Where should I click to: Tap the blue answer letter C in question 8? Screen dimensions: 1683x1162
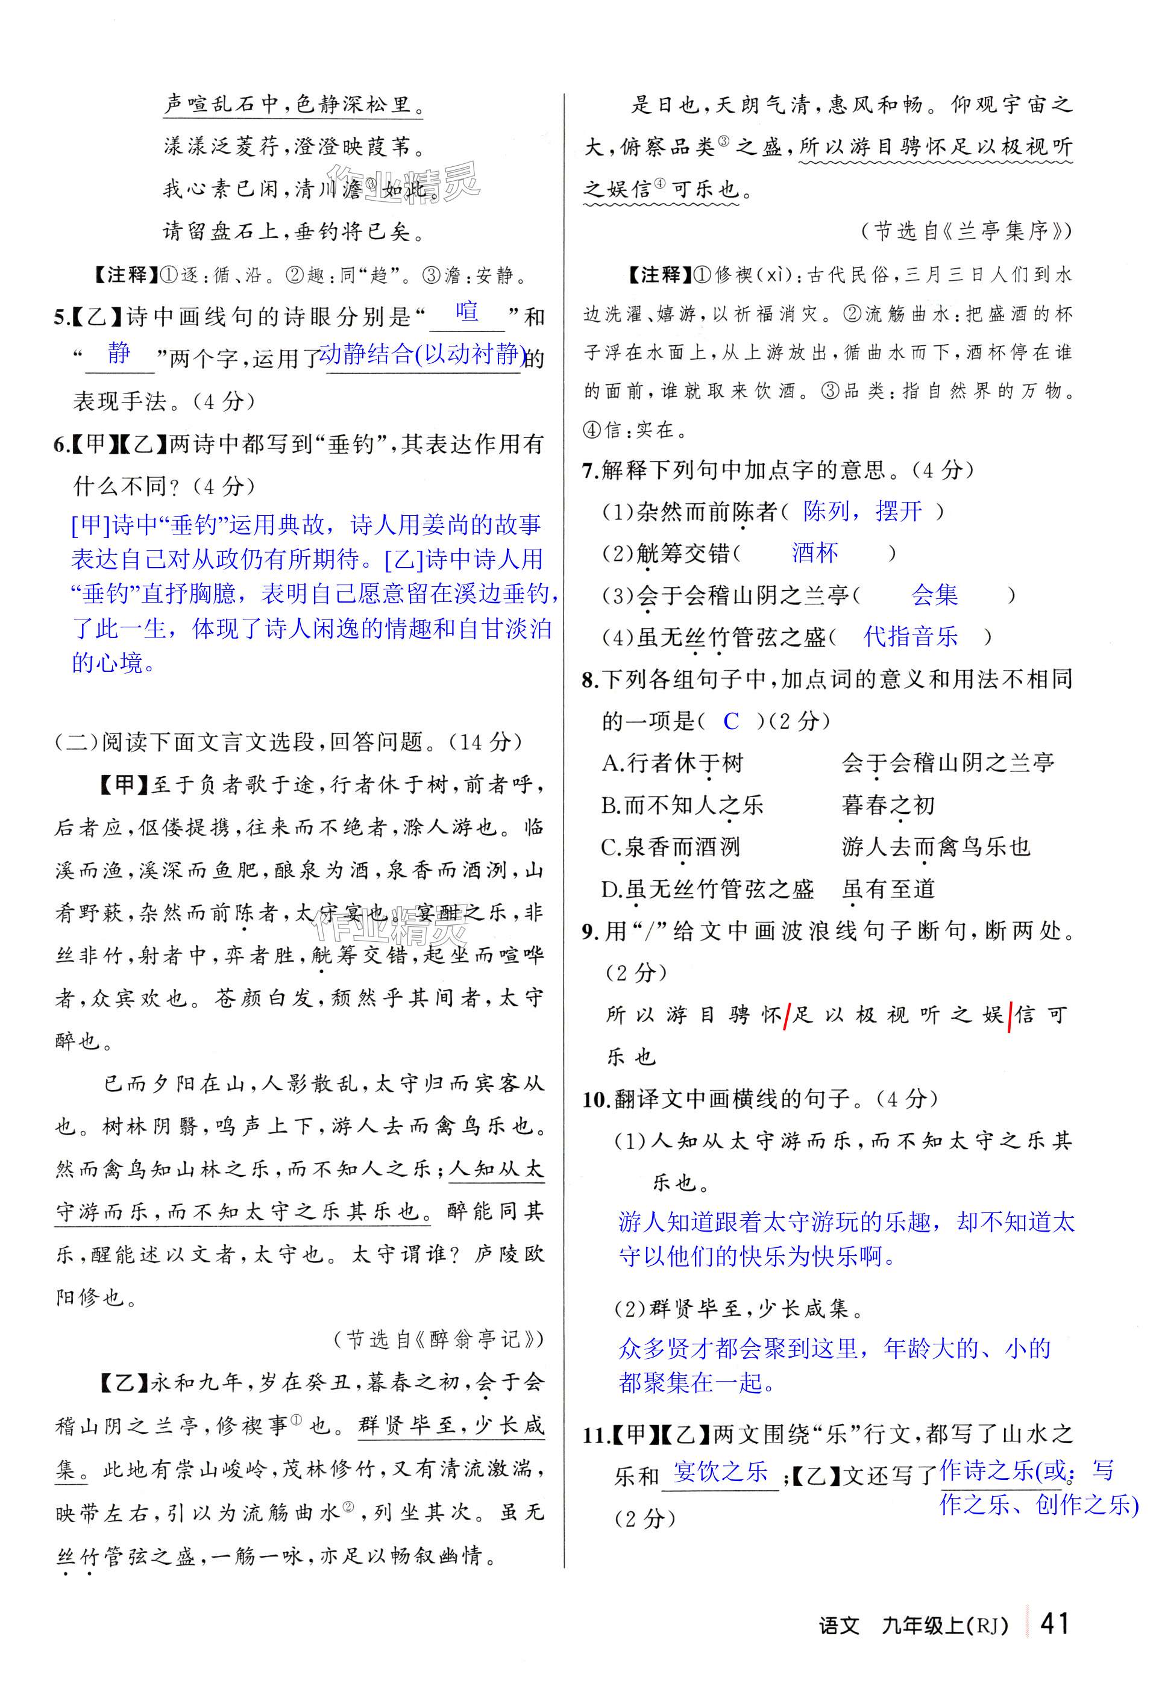[731, 721]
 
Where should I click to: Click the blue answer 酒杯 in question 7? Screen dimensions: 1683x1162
[815, 553]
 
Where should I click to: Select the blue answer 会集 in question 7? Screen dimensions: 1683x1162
[934, 595]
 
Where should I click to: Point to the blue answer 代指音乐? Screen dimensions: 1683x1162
[910, 637]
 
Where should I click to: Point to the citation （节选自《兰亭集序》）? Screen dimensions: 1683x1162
[966, 231]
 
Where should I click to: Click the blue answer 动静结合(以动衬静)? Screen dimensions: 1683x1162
[423, 354]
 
